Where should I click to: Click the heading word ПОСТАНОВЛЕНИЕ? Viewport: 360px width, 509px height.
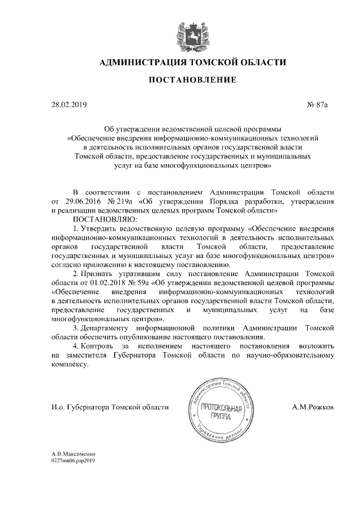point(192,80)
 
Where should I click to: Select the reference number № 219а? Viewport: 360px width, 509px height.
point(121,201)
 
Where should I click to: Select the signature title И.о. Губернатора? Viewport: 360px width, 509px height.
point(76,407)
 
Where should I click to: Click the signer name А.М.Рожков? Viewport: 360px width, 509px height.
point(313,407)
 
